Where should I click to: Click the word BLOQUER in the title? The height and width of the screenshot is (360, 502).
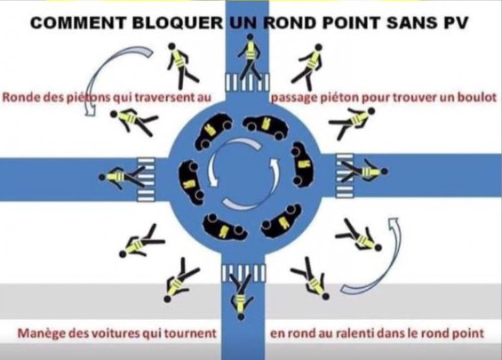(x=178, y=23)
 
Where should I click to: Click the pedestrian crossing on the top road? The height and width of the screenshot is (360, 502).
(x=247, y=82)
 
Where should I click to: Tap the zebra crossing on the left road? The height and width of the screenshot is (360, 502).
(x=147, y=180)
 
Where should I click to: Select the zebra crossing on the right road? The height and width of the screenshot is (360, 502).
(x=345, y=175)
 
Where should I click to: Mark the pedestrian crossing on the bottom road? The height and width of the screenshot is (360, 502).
(x=244, y=273)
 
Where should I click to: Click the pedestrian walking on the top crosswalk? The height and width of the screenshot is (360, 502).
(x=250, y=57)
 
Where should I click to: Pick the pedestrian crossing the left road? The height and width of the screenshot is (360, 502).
(x=122, y=177)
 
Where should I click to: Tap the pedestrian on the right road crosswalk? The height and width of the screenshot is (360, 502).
(x=365, y=171)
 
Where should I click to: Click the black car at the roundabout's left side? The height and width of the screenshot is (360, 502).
(x=191, y=182)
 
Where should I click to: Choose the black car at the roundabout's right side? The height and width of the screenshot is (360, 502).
(x=303, y=164)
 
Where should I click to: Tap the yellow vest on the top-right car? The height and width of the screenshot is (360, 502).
(x=266, y=124)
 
